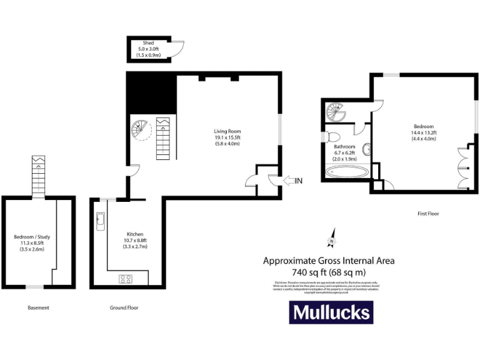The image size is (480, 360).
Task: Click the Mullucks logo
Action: coord(331,312)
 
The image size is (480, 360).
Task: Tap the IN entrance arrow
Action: coord(292,181)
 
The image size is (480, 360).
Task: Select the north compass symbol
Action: coord(332,240)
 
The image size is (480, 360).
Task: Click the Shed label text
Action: coord(149,42)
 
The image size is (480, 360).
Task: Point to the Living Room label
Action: coord(227,131)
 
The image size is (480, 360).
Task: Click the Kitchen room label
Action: coord(135,233)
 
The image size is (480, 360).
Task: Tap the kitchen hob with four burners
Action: coord(126,279)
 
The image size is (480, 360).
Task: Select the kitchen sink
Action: coord(100,221)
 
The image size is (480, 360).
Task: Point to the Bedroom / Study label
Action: coord(32,237)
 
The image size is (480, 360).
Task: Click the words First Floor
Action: coord(428,214)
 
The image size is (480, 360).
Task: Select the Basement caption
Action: coord(38,307)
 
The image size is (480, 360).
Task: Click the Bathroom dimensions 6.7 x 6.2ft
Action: coord(344,152)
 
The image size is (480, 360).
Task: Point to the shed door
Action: coord(178,49)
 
